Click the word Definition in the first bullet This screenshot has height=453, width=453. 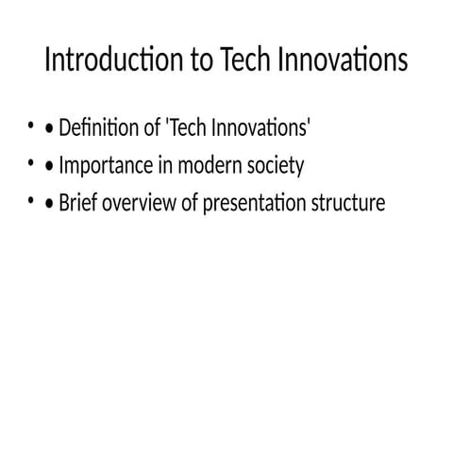100,128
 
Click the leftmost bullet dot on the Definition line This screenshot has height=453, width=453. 31,126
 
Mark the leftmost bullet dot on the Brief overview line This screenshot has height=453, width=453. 31,201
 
